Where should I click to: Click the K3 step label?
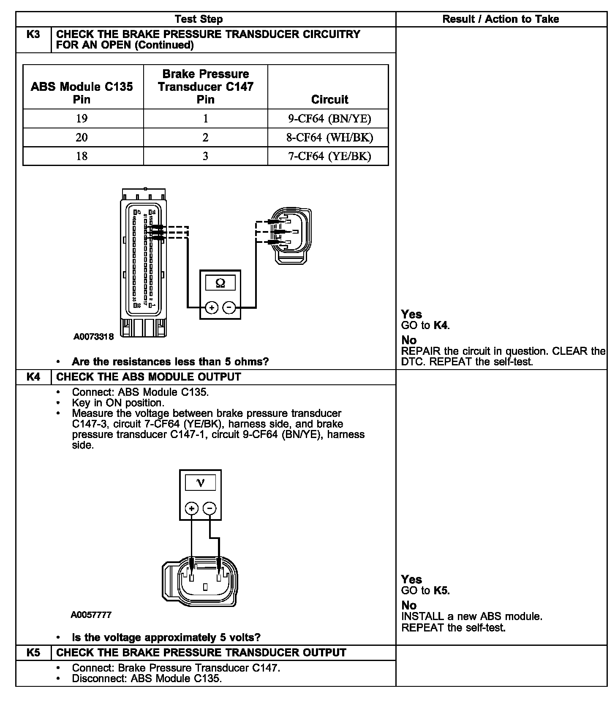coord(33,35)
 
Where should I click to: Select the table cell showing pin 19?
coord(82,119)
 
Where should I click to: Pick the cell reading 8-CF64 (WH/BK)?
coord(329,138)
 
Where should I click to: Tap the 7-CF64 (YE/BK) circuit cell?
coord(329,156)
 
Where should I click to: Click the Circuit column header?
coord(329,100)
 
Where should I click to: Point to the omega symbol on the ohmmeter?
coord(220,283)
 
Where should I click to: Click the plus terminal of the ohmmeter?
coord(212,307)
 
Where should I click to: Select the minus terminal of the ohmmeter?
coord(229,307)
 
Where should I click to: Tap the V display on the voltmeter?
coord(200,483)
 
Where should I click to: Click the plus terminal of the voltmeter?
coord(191,508)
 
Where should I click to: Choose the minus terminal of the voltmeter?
coord(210,508)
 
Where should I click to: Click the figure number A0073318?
coord(93,337)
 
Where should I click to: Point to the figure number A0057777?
coord(91,615)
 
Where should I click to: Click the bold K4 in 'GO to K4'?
coord(441,325)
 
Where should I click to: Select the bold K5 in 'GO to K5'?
coord(441,590)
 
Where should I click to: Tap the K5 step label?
coord(33,653)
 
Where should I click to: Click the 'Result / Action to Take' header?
coord(501,19)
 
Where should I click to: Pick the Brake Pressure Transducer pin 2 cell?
coord(205,138)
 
